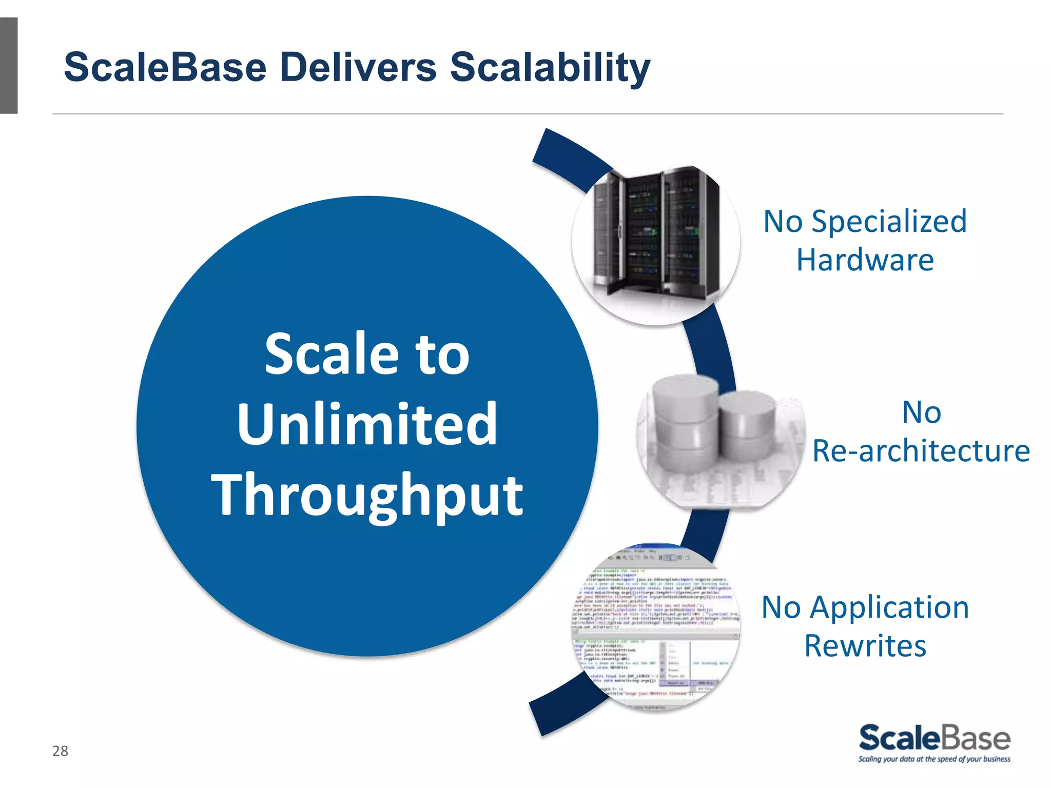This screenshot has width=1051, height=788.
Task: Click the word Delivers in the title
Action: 358,67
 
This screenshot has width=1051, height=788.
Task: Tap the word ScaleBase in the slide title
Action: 165,67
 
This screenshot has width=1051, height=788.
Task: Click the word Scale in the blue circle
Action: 332,353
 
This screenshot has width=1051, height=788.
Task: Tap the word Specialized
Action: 889,222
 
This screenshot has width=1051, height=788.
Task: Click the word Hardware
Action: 865,260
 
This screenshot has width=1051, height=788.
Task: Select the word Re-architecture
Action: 921,451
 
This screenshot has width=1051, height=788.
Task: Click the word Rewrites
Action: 865,645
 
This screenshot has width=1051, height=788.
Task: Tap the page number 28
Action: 60,751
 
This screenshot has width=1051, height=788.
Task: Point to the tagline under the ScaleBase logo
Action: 934,759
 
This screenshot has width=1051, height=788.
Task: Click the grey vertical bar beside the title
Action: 9,65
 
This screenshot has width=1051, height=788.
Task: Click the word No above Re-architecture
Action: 921,412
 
